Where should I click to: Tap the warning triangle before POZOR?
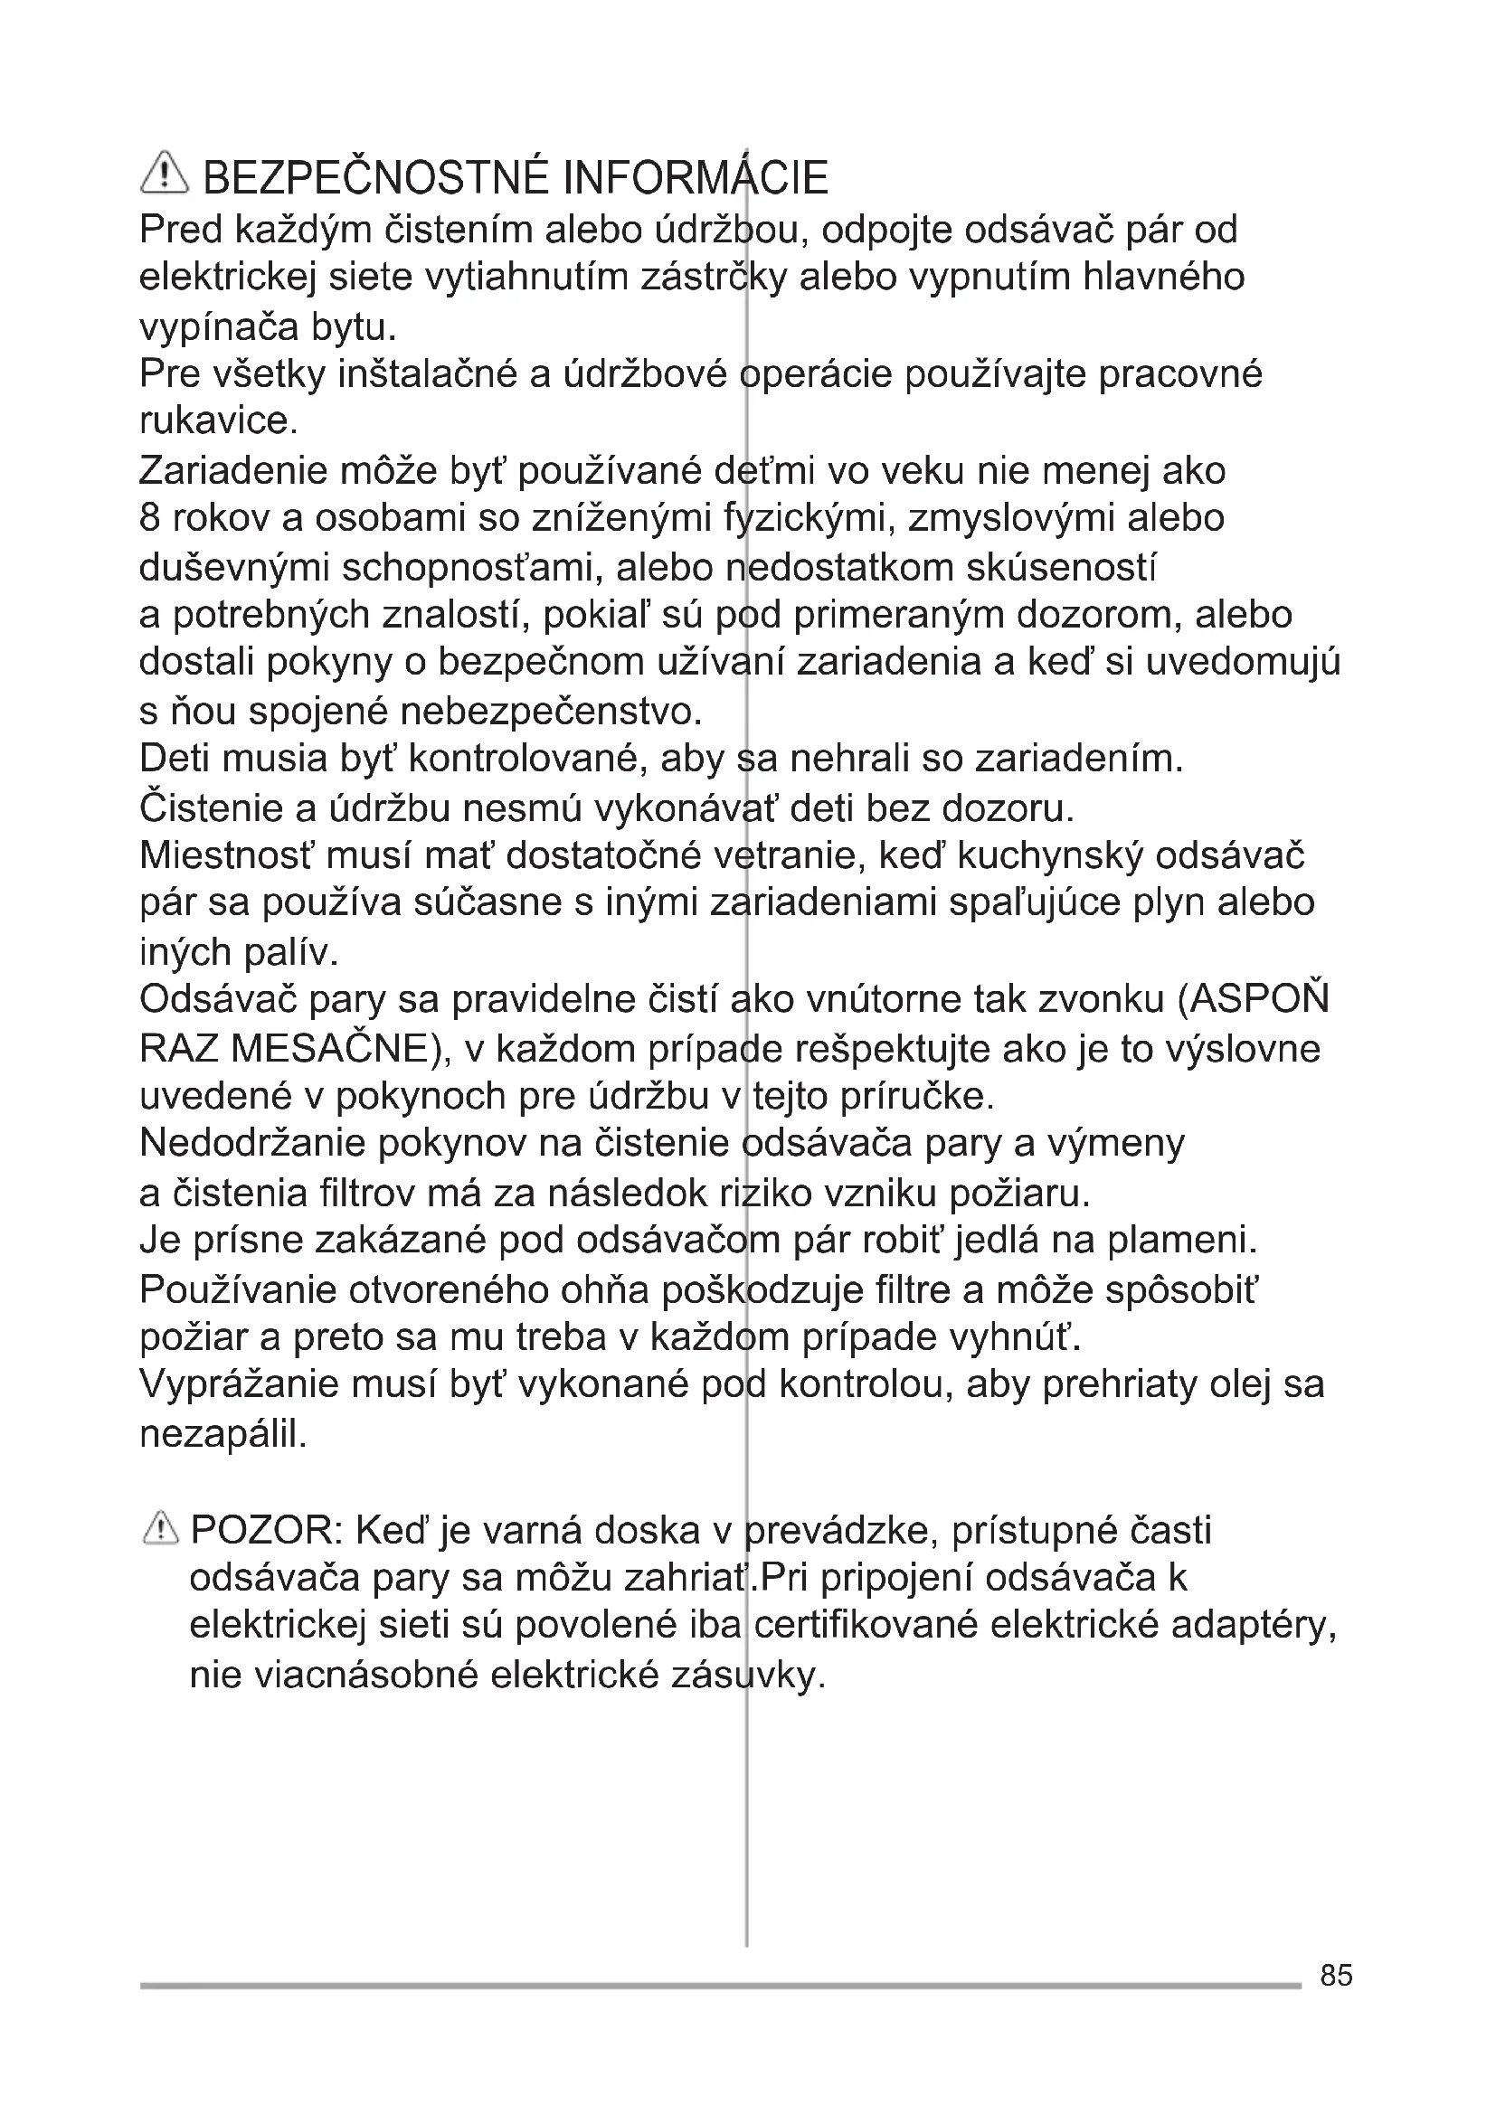point(160,1530)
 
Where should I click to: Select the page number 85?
point(1336,1975)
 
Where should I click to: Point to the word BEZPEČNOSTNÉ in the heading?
point(377,178)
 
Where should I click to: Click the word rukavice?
point(218,421)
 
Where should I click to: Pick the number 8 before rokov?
point(150,518)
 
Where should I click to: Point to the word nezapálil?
point(222,1433)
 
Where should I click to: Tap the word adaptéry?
point(1254,1627)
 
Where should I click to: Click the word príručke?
point(921,1096)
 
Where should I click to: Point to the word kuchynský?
point(1050,855)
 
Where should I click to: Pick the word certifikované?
point(865,1627)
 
